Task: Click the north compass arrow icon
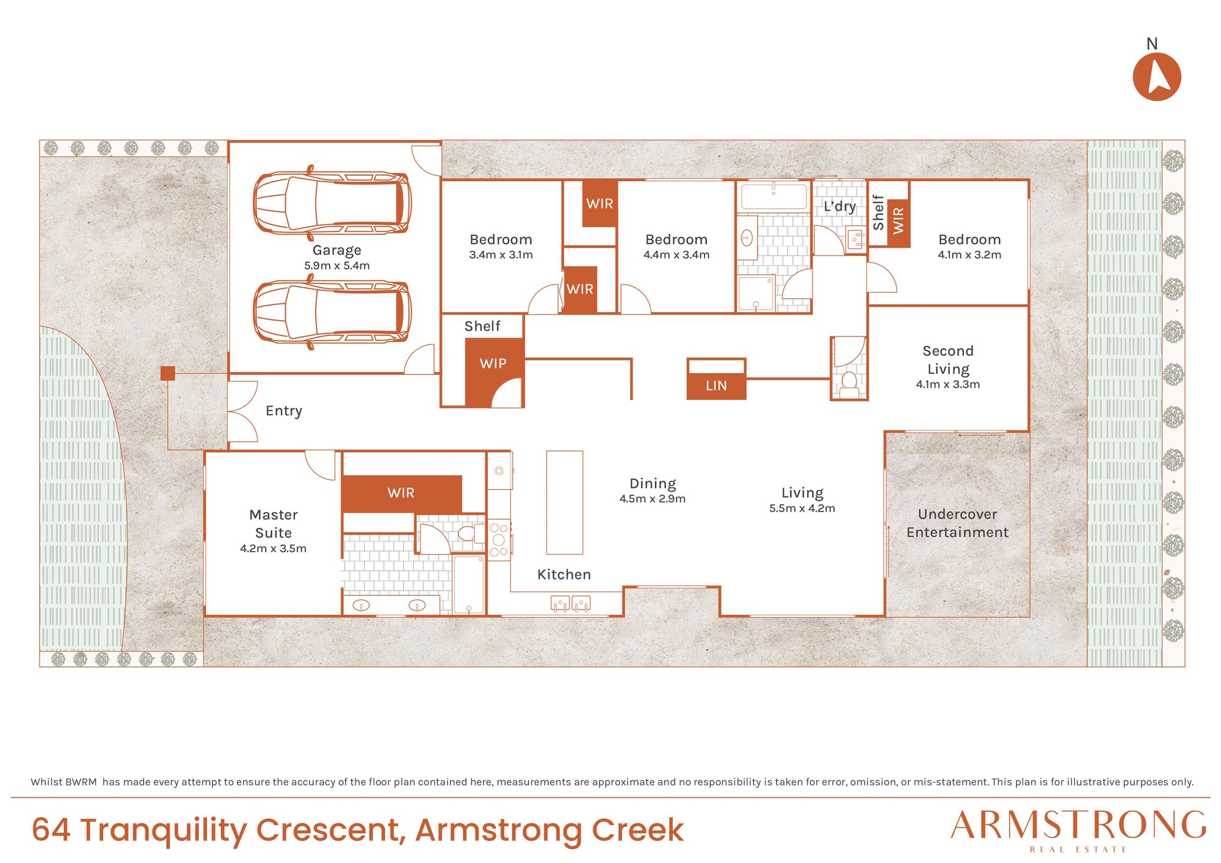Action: click(1156, 76)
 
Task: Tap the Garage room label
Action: click(337, 250)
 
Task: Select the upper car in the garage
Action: click(332, 203)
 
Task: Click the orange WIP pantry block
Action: click(493, 373)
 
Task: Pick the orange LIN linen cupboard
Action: click(716, 386)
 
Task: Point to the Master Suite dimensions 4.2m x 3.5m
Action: click(273, 548)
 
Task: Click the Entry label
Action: click(284, 410)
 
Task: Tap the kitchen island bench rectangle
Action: click(565, 502)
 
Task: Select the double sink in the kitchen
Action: click(571, 603)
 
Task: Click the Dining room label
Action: click(653, 484)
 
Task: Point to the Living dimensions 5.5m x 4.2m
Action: click(802, 508)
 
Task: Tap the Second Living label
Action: click(948, 360)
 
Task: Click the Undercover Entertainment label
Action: click(957, 523)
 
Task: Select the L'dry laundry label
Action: click(839, 206)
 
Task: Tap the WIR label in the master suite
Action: click(401, 493)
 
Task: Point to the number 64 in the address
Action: click(51, 830)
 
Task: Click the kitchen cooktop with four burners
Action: click(499, 539)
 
